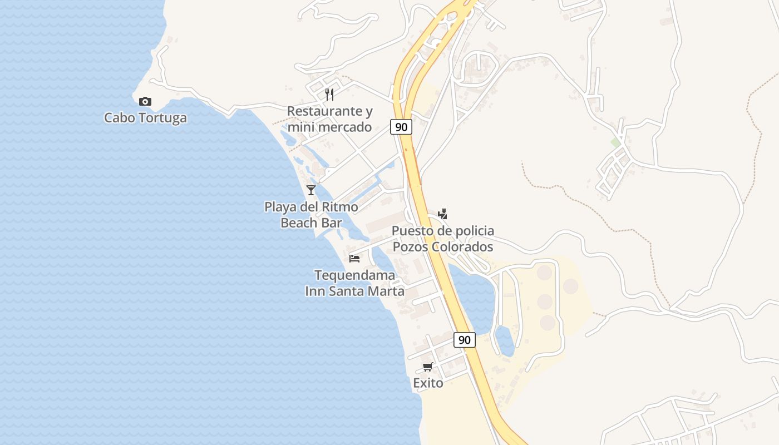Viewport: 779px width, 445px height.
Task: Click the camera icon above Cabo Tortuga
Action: pyautogui.click(x=145, y=101)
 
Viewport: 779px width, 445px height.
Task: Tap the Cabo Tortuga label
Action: pyautogui.click(x=145, y=118)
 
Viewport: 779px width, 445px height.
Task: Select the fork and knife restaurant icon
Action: pyautogui.click(x=329, y=94)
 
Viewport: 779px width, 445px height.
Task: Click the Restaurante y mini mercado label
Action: pyautogui.click(x=329, y=119)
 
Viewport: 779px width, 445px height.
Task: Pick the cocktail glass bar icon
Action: pyautogui.click(x=311, y=190)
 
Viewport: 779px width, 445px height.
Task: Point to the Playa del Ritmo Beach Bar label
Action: pyautogui.click(x=311, y=215)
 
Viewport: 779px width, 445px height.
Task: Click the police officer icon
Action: pyautogui.click(x=442, y=214)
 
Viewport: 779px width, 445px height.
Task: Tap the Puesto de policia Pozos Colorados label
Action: pyautogui.click(x=443, y=239)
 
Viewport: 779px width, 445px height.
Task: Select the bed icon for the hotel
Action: pyautogui.click(x=354, y=258)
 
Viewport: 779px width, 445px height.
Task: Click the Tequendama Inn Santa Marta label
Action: pyautogui.click(x=354, y=283)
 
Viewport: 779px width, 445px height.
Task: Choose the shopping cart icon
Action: pyautogui.click(x=428, y=367)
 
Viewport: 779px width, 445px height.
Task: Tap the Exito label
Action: pyautogui.click(x=428, y=383)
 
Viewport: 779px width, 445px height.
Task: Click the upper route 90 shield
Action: pyautogui.click(x=401, y=127)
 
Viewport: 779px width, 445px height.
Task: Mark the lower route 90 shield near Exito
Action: pyautogui.click(x=464, y=339)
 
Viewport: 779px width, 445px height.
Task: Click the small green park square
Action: pyautogui.click(x=615, y=142)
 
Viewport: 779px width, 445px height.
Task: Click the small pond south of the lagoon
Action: pyautogui.click(x=505, y=340)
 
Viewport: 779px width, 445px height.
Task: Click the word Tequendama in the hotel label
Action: pyautogui.click(x=354, y=275)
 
